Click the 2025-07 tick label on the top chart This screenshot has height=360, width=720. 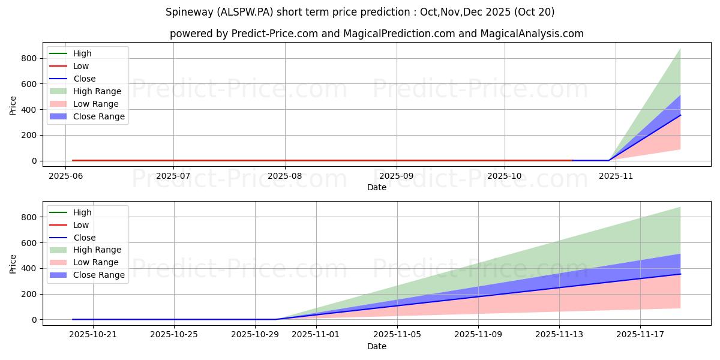click(x=173, y=176)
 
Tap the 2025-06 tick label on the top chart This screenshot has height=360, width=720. click(x=65, y=176)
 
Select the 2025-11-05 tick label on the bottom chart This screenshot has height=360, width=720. click(x=397, y=335)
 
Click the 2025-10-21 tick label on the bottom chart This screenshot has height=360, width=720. click(x=94, y=335)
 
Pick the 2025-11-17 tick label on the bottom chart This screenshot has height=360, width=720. click(x=640, y=335)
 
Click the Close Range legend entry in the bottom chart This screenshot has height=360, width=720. click(x=99, y=275)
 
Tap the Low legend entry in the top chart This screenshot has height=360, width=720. click(x=81, y=66)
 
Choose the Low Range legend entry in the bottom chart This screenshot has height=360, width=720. click(x=96, y=262)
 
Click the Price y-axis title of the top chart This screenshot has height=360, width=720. click(x=13, y=106)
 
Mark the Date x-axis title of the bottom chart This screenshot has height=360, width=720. click(x=377, y=346)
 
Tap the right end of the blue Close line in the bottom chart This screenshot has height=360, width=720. click(x=680, y=274)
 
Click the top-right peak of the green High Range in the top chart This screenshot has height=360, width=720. click(x=680, y=49)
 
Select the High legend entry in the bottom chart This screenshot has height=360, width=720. click(x=82, y=212)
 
